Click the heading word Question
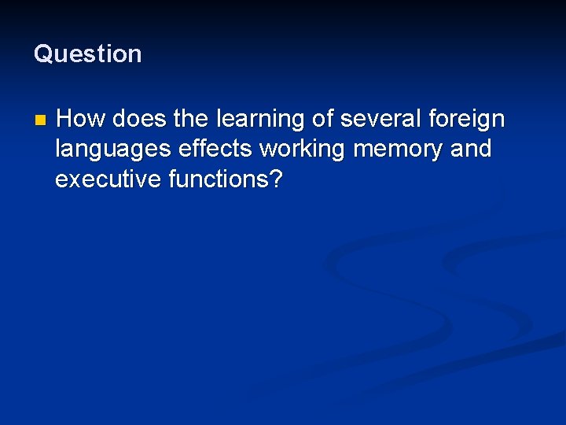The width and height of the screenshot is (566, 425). pos(87,54)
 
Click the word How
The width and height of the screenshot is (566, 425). pos(82,120)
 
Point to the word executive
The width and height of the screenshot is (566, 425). pos(108,179)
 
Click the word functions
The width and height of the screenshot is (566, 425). pos(218,179)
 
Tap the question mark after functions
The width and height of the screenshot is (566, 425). pos(275,179)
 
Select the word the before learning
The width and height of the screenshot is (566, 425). pos(190,120)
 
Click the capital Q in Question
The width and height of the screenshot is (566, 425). pos(42,54)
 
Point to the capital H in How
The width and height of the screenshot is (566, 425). pos(66,120)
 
